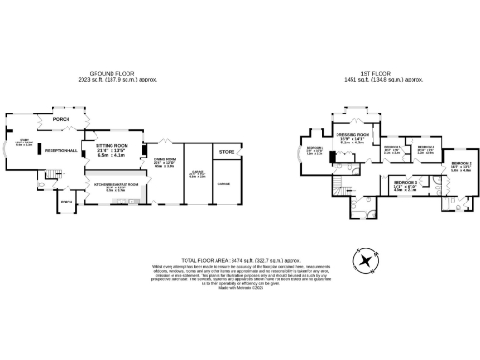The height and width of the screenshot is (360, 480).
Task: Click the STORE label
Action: pyautogui.click(x=227, y=151)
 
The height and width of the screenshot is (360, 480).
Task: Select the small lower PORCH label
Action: pyautogui.click(x=66, y=202)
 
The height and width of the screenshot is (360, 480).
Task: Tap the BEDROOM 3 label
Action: pyautogui.click(x=405, y=180)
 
